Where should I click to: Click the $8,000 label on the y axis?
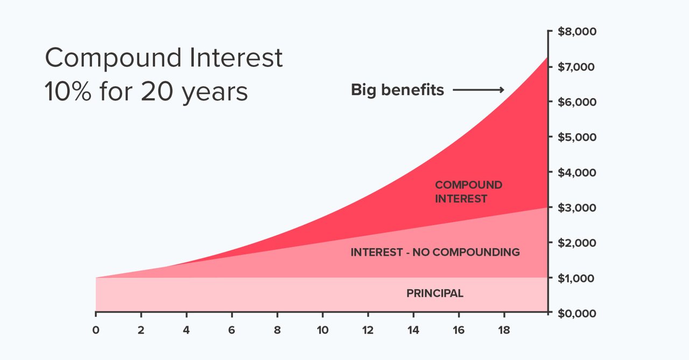click(x=577, y=32)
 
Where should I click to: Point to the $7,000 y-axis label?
click(x=576, y=67)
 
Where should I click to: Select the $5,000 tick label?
click(x=577, y=137)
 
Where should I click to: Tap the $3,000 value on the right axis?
click(x=577, y=208)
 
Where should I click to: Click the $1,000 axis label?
click(x=576, y=279)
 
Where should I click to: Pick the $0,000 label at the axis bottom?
click(x=577, y=314)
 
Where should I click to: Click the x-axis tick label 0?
click(x=96, y=330)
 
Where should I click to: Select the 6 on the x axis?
click(x=231, y=330)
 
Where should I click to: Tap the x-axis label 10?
click(x=322, y=330)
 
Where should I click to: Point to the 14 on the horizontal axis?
click(x=413, y=330)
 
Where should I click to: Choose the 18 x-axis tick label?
click(x=504, y=330)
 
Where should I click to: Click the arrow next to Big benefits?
click(x=479, y=90)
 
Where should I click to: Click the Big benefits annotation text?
click(x=397, y=90)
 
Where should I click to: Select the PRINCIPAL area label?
click(x=435, y=293)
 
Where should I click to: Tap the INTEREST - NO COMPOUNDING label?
click(x=435, y=252)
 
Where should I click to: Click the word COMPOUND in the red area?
click(x=469, y=185)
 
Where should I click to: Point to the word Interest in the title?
click(x=236, y=58)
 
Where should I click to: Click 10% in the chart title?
click(x=68, y=91)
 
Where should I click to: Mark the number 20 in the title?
click(x=157, y=91)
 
